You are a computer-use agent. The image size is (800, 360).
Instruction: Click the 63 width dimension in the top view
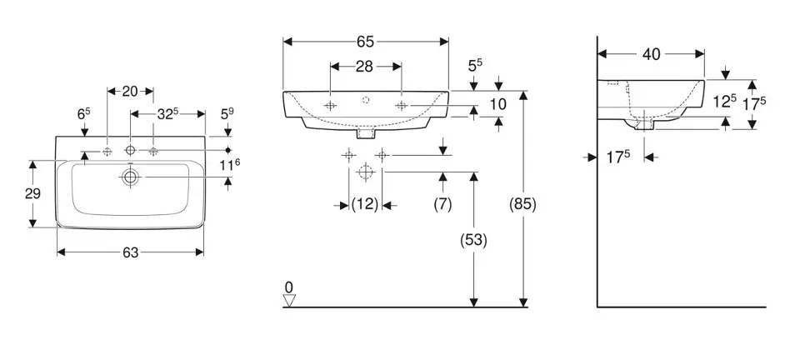point(130,253)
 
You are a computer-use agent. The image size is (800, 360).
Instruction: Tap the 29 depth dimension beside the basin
point(33,192)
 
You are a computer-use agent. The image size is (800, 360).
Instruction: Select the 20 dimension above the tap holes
point(130,92)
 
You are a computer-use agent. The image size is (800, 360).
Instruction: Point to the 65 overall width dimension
point(365,42)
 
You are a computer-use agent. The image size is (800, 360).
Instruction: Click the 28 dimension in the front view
point(365,67)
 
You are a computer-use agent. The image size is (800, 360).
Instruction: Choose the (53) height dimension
point(474,239)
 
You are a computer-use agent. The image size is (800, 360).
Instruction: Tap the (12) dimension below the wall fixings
point(365,204)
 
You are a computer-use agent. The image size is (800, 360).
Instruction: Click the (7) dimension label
point(442,204)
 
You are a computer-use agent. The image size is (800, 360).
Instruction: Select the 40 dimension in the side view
point(652,54)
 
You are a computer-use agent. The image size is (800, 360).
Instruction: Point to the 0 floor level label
point(288,287)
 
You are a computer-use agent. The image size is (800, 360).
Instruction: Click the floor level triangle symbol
point(289,301)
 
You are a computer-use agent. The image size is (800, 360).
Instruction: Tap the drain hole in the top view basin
point(130,177)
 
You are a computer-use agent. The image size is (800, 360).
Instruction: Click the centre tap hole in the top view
point(130,151)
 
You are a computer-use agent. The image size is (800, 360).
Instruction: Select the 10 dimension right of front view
point(498,104)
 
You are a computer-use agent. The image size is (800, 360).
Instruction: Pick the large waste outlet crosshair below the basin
point(364,172)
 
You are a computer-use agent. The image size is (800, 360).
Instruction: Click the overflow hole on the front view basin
point(365,99)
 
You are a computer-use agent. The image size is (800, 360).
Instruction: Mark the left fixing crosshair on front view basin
point(330,106)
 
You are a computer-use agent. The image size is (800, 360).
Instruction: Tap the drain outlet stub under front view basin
point(365,132)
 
